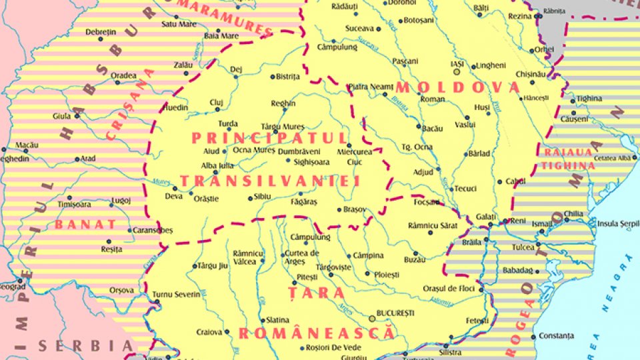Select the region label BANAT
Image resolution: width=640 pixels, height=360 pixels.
tap(85, 224)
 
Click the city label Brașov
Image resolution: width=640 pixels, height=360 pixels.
tap(355, 209)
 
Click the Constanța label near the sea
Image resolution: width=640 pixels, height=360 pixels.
tap(555, 335)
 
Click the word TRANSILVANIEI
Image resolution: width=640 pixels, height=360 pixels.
tap(269, 181)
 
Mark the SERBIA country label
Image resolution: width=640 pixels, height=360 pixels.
tap(85, 345)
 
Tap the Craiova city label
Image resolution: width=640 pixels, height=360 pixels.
tap(209, 331)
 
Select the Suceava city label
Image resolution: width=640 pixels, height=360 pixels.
tap(359, 29)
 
